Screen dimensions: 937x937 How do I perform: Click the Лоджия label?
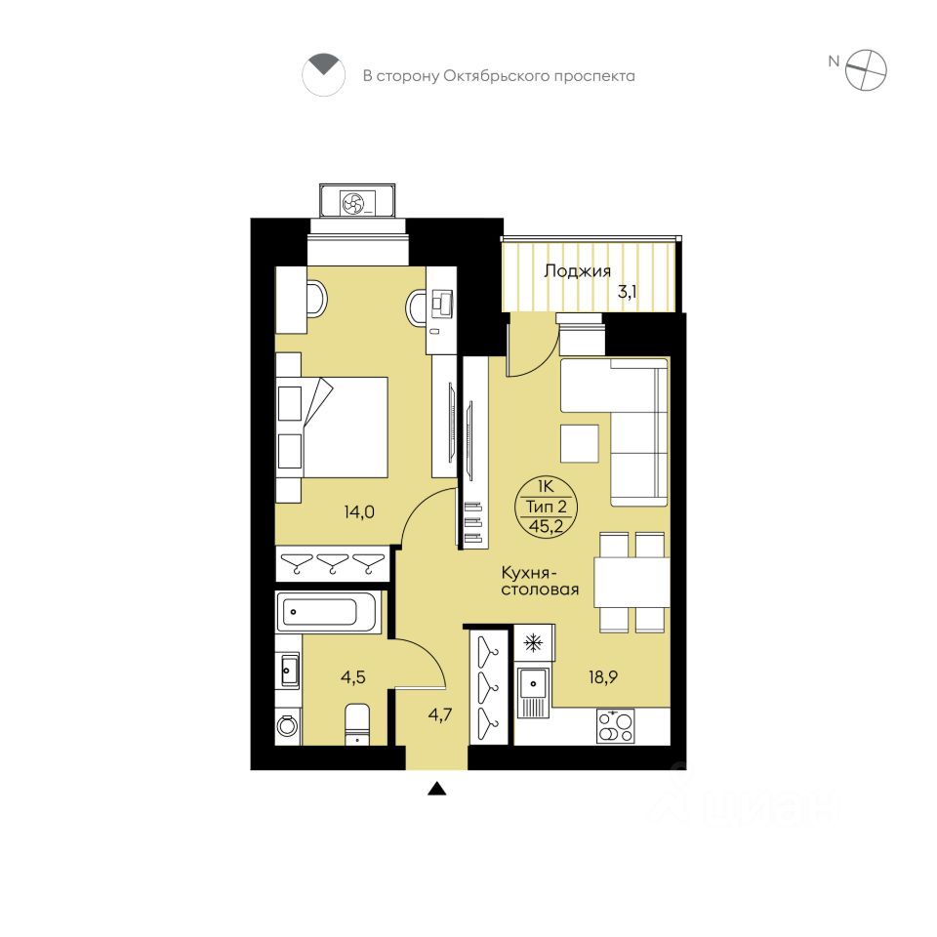577,271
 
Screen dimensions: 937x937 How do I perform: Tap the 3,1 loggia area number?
627,293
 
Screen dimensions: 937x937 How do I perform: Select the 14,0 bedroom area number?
359,512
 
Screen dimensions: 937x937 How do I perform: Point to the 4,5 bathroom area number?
353,677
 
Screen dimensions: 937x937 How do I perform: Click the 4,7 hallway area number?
440,714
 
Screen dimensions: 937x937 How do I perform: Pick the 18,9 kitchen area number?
603,677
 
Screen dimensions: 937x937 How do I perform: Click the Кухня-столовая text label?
540,582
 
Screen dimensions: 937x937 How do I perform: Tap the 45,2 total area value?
546,526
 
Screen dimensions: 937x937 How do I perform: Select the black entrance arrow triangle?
437,790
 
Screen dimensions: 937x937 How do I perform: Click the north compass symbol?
866,70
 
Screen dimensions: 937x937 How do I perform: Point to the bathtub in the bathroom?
328,612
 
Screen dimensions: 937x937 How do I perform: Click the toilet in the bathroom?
357,724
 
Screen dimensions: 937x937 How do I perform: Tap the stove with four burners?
616,726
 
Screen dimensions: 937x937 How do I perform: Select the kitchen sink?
533,693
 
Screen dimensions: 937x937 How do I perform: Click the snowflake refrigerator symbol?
533,643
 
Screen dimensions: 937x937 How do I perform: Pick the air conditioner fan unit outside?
357,201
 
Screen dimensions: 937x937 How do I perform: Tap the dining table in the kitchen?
631,582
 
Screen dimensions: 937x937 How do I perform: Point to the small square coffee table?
580,443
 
